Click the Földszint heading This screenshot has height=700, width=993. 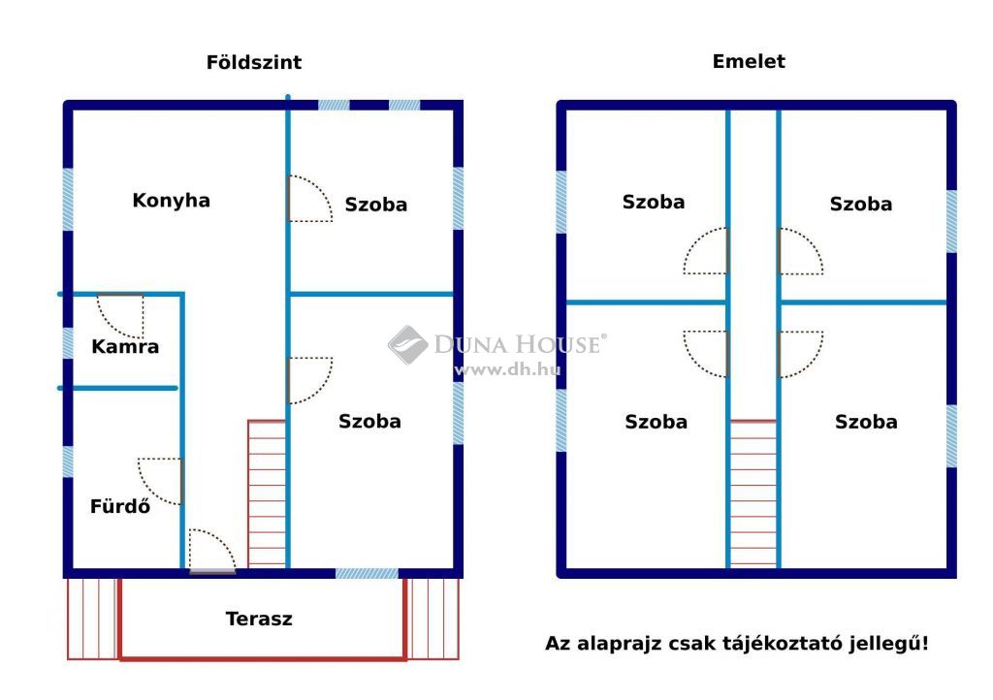tap(254, 62)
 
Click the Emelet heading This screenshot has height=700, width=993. tap(749, 61)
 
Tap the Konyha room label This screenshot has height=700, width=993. tap(171, 200)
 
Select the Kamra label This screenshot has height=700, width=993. tap(125, 346)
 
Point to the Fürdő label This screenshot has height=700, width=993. tap(120, 506)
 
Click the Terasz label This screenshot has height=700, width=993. tap(259, 619)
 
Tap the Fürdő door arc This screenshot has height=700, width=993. tap(160, 481)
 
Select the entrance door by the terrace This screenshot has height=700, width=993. tap(212, 552)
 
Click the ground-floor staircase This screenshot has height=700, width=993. tap(267, 493)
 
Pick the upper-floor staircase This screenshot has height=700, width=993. tap(753, 493)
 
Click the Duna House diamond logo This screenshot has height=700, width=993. tap(408, 345)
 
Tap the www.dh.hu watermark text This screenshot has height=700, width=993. tap(507, 369)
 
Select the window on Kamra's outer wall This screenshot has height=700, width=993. tap(68, 342)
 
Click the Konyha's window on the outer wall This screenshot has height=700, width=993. tap(68, 200)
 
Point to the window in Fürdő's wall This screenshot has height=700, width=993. tap(68, 461)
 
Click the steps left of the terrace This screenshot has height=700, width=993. tap(92, 619)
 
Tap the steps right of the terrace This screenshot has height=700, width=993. tap(433, 619)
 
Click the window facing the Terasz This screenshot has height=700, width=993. tap(367, 573)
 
